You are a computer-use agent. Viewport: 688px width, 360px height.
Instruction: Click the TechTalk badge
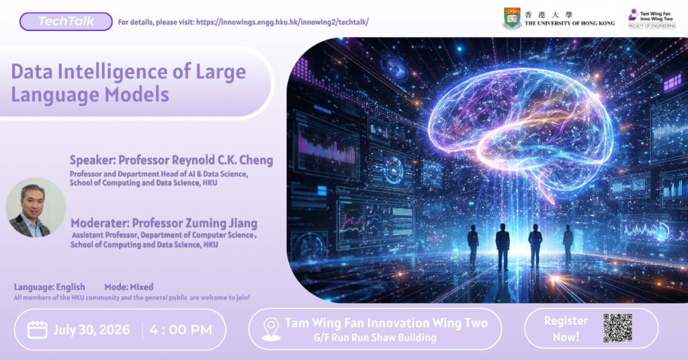coord(66,21)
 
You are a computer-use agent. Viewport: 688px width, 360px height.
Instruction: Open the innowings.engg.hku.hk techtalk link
coord(282,22)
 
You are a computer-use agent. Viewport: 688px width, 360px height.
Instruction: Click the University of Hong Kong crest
coord(512,18)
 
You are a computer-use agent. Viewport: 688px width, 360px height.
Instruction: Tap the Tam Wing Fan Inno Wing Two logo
coord(652,19)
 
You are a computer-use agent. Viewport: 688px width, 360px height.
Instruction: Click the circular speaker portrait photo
coord(36,208)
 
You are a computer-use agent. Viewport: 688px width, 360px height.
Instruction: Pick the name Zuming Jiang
coord(223,223)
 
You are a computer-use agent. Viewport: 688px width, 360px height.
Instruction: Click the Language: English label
coord(50,287)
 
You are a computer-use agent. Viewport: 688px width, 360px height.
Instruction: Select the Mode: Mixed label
coord(129,287)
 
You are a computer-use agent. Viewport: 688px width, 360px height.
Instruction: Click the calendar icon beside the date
coord(38,329)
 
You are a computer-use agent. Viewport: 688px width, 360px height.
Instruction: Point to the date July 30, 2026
coord(91,330)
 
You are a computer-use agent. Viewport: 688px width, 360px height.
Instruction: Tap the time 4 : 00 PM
coord(180,330)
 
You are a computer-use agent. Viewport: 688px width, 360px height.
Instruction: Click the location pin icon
coord(271,329)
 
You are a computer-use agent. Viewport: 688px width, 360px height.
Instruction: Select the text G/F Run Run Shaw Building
coord(375,338)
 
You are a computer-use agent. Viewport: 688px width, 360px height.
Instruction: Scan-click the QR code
coord(617,328)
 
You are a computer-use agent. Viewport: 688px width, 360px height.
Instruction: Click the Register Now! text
coord(566,329)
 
